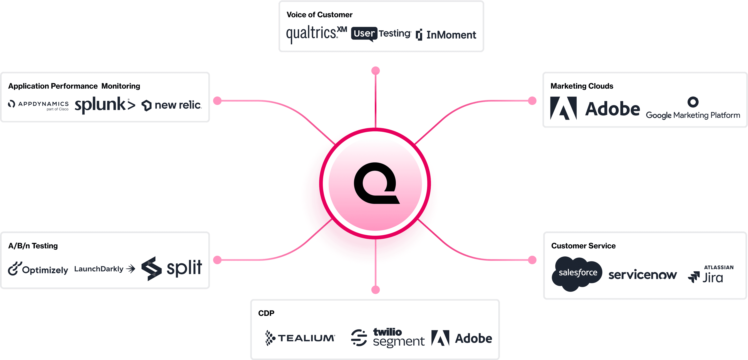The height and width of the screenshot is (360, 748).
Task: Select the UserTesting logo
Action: (381, 34)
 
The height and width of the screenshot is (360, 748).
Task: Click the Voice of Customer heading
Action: (319, 15)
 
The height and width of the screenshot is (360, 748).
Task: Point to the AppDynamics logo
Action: (38, 105)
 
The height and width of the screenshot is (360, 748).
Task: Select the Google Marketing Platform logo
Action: (693, 109)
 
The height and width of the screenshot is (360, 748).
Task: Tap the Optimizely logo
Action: (38, 269)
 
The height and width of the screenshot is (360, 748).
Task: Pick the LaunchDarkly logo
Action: (105, 269)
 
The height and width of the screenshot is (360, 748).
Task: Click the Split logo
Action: (172, 268)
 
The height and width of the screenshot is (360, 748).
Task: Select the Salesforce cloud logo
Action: (577, 273)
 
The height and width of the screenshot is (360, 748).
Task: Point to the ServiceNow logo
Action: (642, 275)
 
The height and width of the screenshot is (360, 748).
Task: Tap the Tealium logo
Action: (300, 338)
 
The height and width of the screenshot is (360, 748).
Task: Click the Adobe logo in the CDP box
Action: (462, 338)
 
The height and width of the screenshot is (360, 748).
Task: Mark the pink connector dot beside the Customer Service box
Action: (532, 260)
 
